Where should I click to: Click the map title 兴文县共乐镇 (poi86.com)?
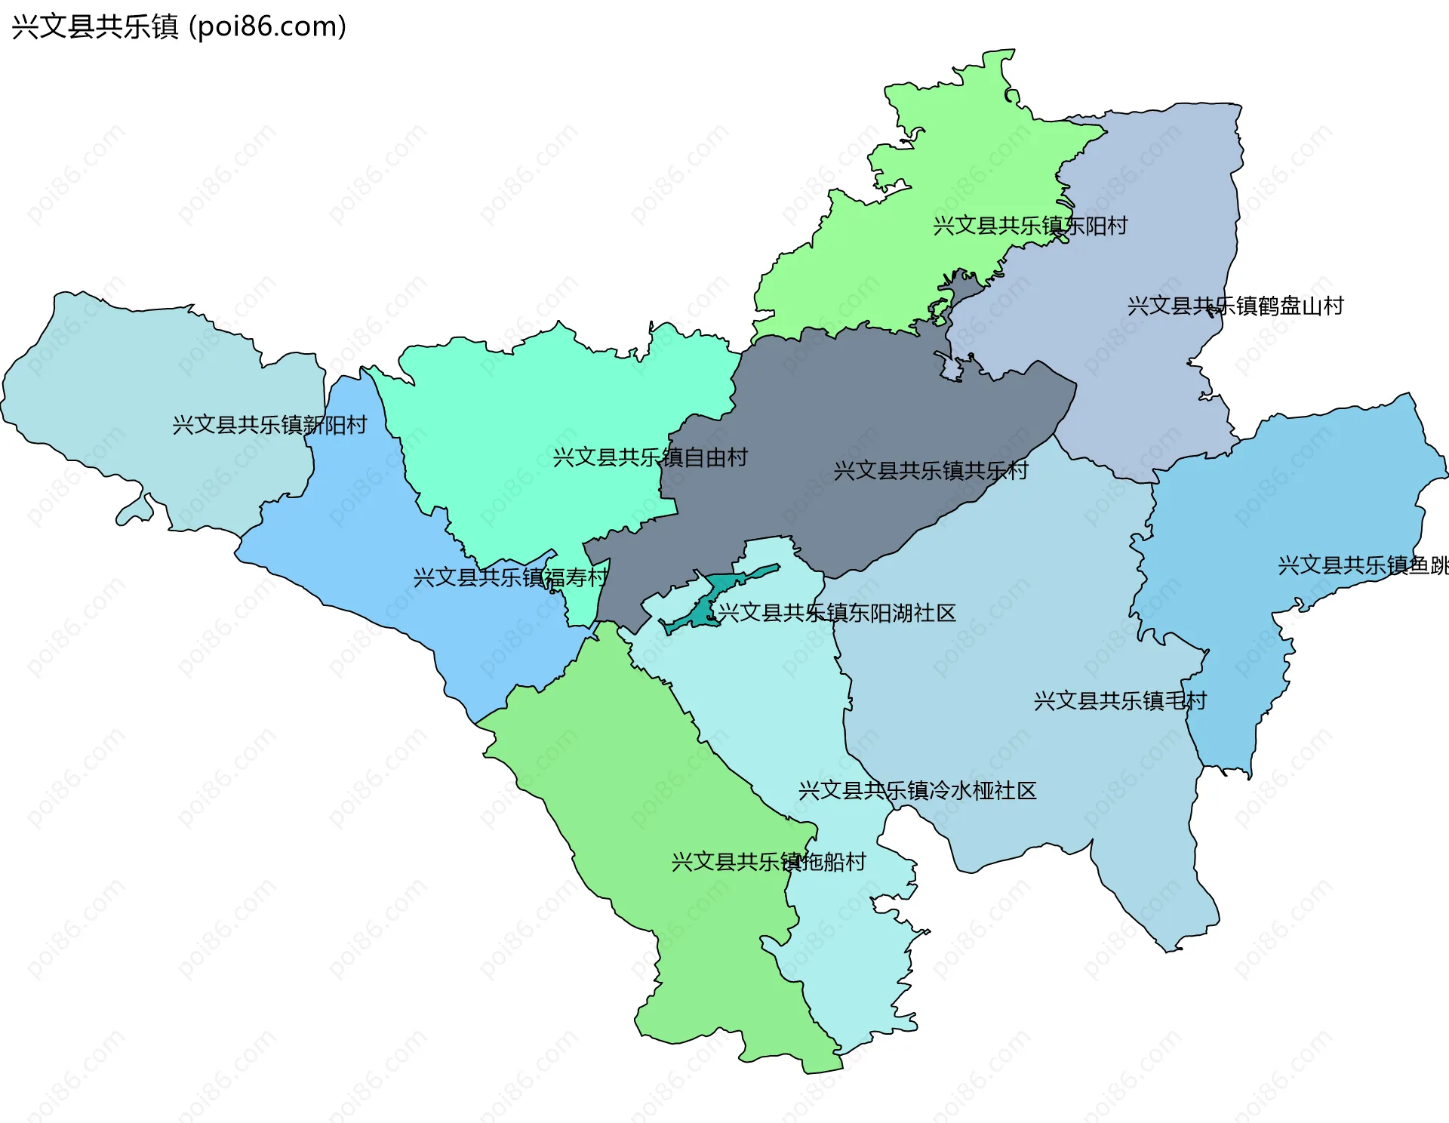point(179,27)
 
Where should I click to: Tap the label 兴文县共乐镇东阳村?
point(1029,226)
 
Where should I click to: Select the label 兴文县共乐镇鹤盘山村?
point(1235,306)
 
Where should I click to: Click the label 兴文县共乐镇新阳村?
point(269,425)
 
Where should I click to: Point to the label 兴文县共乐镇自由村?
point(650,457)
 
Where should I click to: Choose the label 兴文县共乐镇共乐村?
point(931,471)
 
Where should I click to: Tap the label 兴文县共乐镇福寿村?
point(510,577)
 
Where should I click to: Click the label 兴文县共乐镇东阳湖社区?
point(836,612)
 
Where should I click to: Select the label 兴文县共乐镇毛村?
point(1119,700)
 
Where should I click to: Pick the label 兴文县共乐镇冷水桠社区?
point(917,790)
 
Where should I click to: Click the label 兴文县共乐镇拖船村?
point(768,861)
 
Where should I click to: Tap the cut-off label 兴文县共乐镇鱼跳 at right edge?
point(1361,565)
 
